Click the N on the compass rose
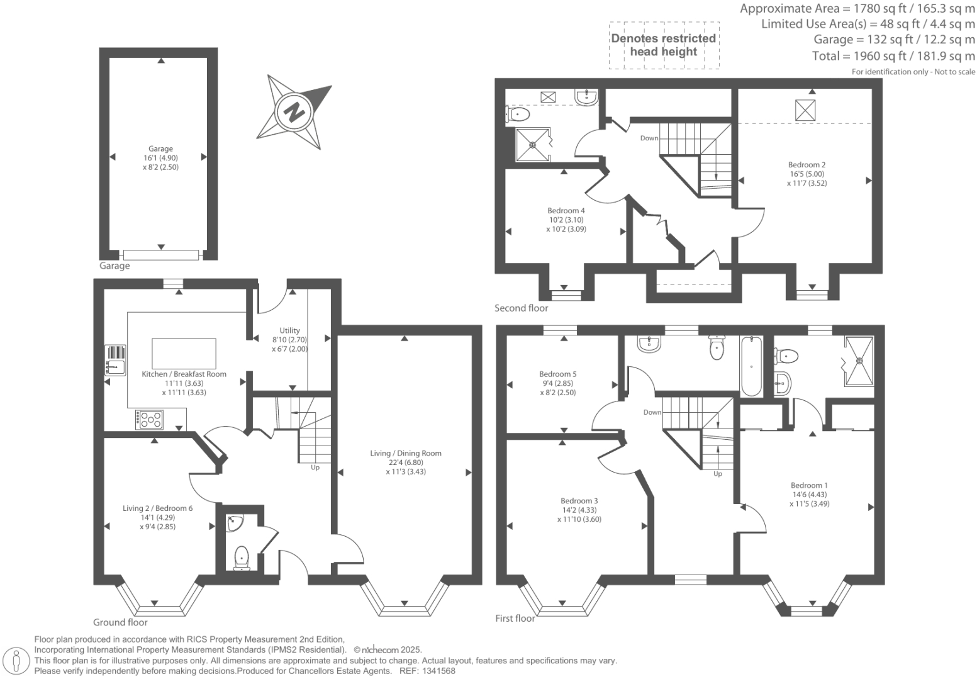pyautogui.click(x=294, y=113)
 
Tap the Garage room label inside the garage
pyautogui.click(x=160, y=149)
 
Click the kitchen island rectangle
pyautogui.click(x=184, y=354)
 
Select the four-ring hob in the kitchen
pyautogui.click(x=150, y=419)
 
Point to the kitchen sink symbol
pyautogui.click(x=115, y=359)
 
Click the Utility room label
pyautogui.click(x=289, y=330)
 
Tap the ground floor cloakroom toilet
pyautogui.click(x=241, y=558)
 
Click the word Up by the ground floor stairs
pyautogui.click(x=315, y=468)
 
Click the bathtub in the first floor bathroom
pyautogui.click(x=752, y=367)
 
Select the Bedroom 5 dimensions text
pyautogui.click(x=557, y=388)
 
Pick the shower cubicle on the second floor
pyautogui.click(x=532, y=145)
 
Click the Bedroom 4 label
pyautogui.click(x=566, y=211)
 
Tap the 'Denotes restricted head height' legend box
pyautogui.click(x=664, y=45)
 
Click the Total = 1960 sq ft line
pyautogui.click(x=893, y=56)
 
